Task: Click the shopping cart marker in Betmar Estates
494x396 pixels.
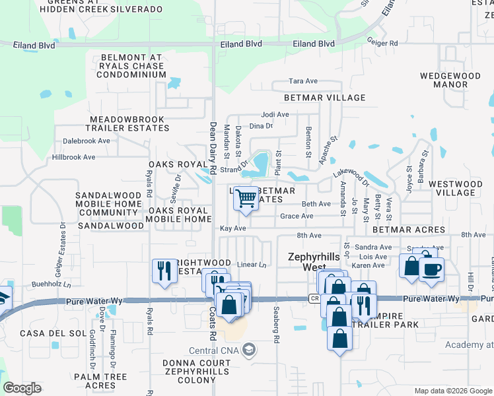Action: [x=246, y=198]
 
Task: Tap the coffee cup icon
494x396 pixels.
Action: [x=431, y=270]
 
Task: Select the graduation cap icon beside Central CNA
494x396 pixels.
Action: [x=248, y=349]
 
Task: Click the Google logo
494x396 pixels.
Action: [x=22, y=388]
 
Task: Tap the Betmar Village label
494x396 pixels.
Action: [x=324, y=98]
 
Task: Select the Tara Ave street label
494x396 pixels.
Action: [x=304, y=81]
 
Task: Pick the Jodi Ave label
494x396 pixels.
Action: [x=275, y=114]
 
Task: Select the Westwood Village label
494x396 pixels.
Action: [x=460, y=188]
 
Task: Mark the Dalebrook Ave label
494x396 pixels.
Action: [x=87, y=141]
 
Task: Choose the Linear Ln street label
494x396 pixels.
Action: [x=251, y=265]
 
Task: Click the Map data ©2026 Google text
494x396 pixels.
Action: [x=453, y=390]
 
